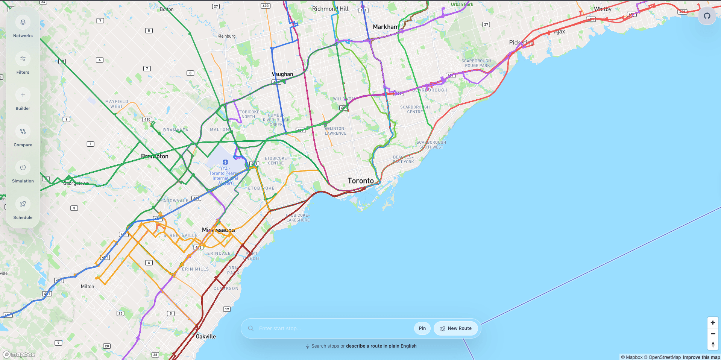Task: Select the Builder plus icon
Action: point(23,95)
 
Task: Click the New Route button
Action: point(455,328)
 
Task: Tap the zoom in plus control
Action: point(713,323)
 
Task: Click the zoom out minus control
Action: point(713,334)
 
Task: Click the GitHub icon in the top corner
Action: point(707,16)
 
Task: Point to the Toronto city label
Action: point(360,181)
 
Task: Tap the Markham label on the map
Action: point(385,27)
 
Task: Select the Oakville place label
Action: point(206,336)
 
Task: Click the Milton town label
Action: point(87,286)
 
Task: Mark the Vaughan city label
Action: point(282,74)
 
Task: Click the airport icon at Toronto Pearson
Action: point(225,162)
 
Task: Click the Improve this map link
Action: point(701,357)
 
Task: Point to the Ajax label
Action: point(559,32)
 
